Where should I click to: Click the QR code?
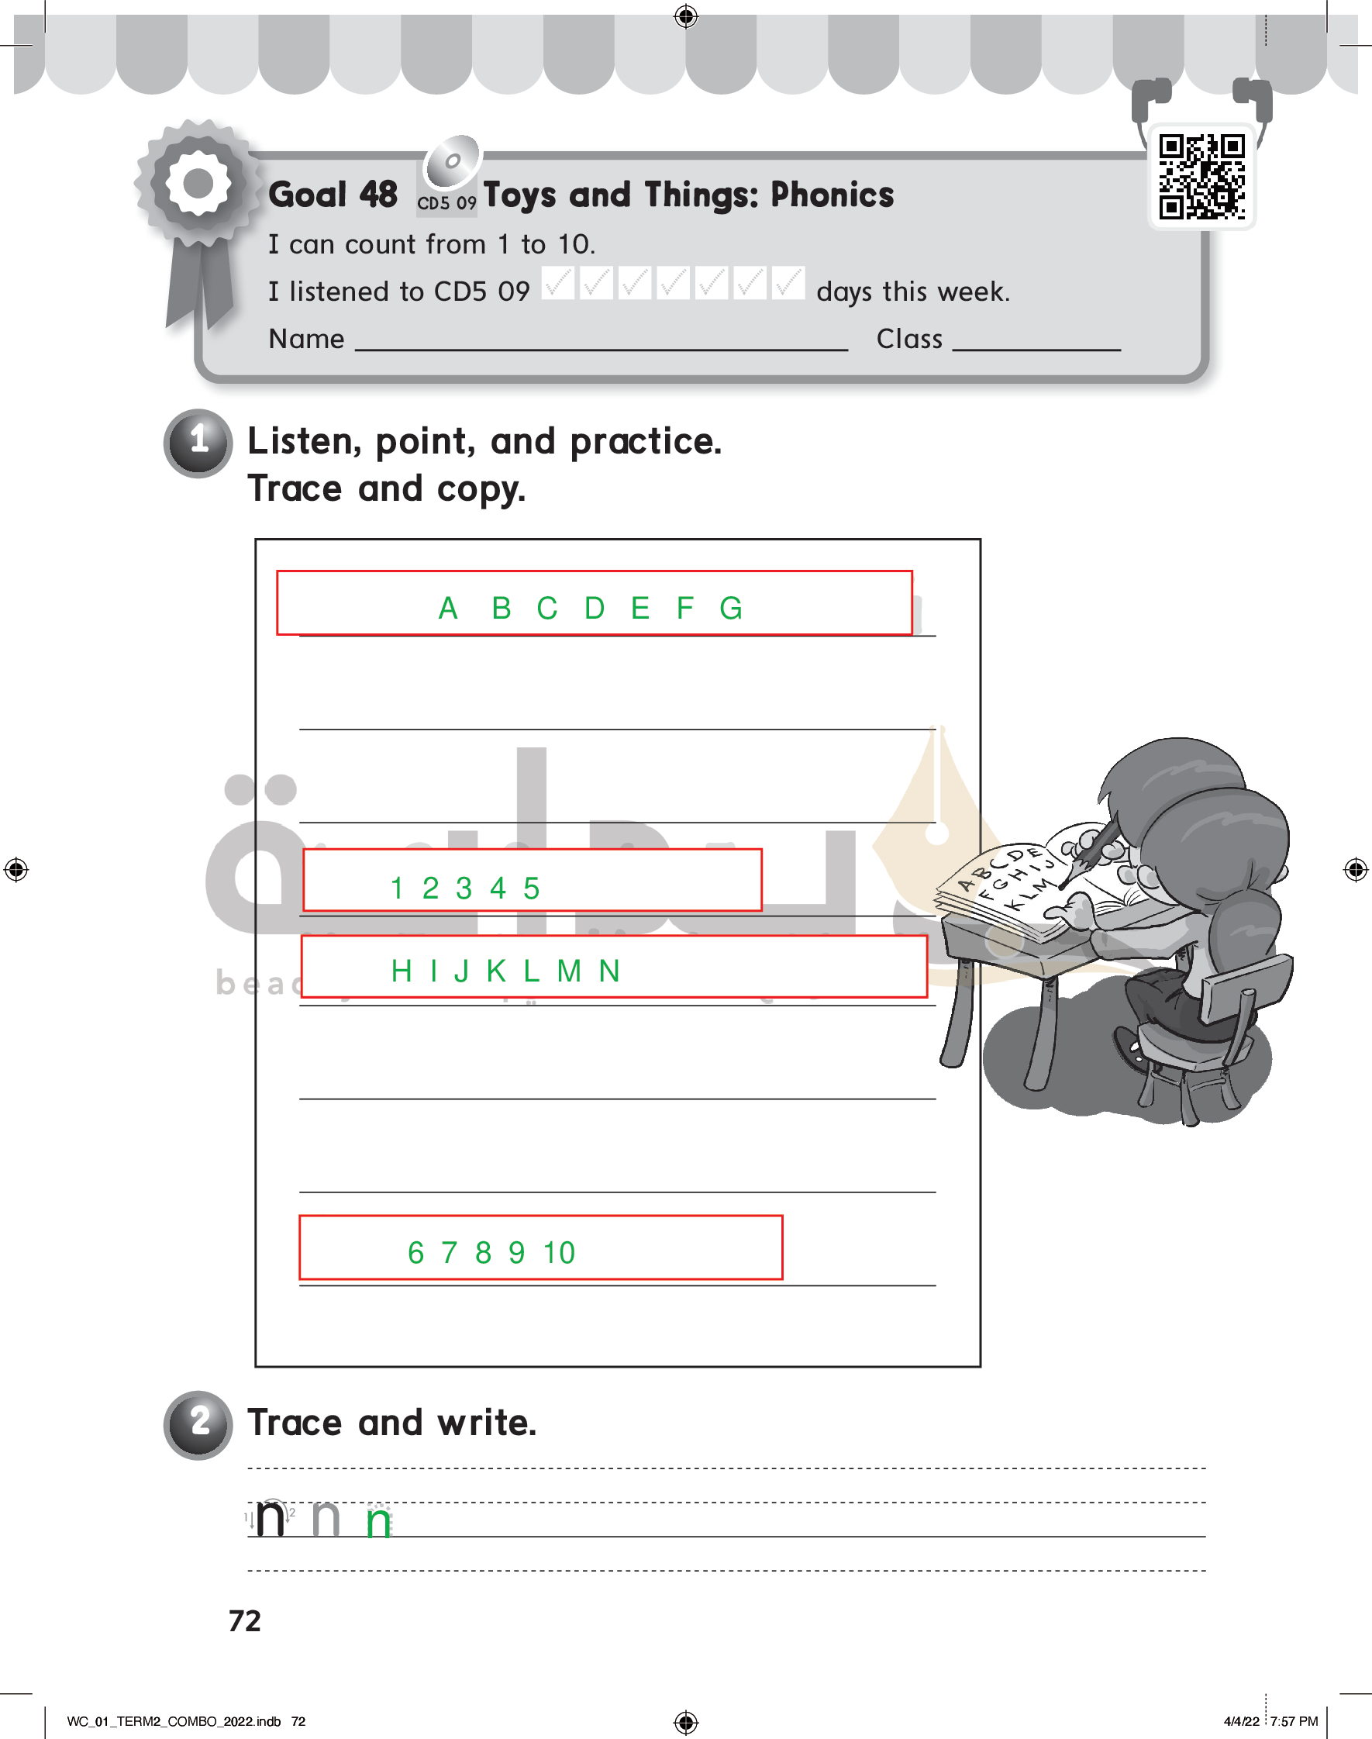(x=1201, y=177)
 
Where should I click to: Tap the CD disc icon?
(x=453, y=160)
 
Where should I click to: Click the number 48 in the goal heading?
(x=378, y=195)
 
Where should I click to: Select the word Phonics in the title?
(x=833, y=195)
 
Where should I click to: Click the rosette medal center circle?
(x=198, y=183)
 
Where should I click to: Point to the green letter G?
(x=731, y=608)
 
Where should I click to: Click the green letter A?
(x=448, y=608)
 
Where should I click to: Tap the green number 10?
(x=559, y=1252)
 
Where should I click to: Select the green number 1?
(x=397, y=888)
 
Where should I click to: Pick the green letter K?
(x=496, y=971)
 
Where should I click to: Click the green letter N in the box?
(x=610, y=971)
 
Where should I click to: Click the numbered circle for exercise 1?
(x=198, y=443)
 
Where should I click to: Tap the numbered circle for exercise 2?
(x=198, y=1424)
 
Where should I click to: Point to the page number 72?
(x=245, y=1621)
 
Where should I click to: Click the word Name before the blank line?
(x=306, y=339)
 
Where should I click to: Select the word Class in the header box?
(x=909, y=339)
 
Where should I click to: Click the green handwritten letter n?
(x=378, y=1522)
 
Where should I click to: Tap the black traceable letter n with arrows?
(x=271, y=1518)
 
